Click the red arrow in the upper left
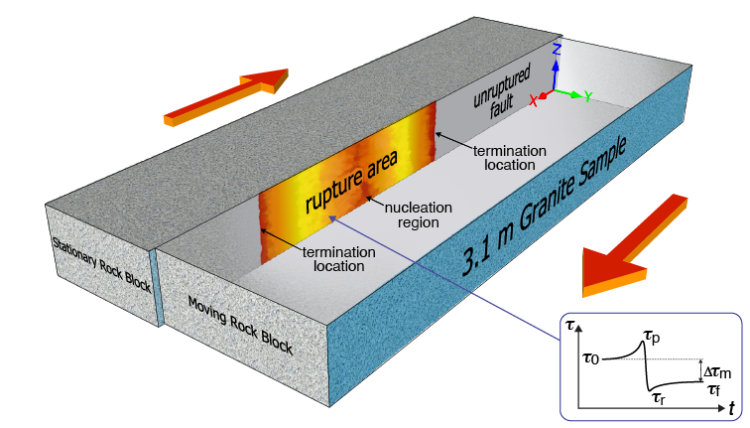[226, 96]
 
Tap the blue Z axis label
[558, 48]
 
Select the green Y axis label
[588, 96]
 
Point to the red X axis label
[534, 100]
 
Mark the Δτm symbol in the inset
[718, 370]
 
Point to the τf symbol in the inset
[714, 388]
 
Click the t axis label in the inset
[731, 408]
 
